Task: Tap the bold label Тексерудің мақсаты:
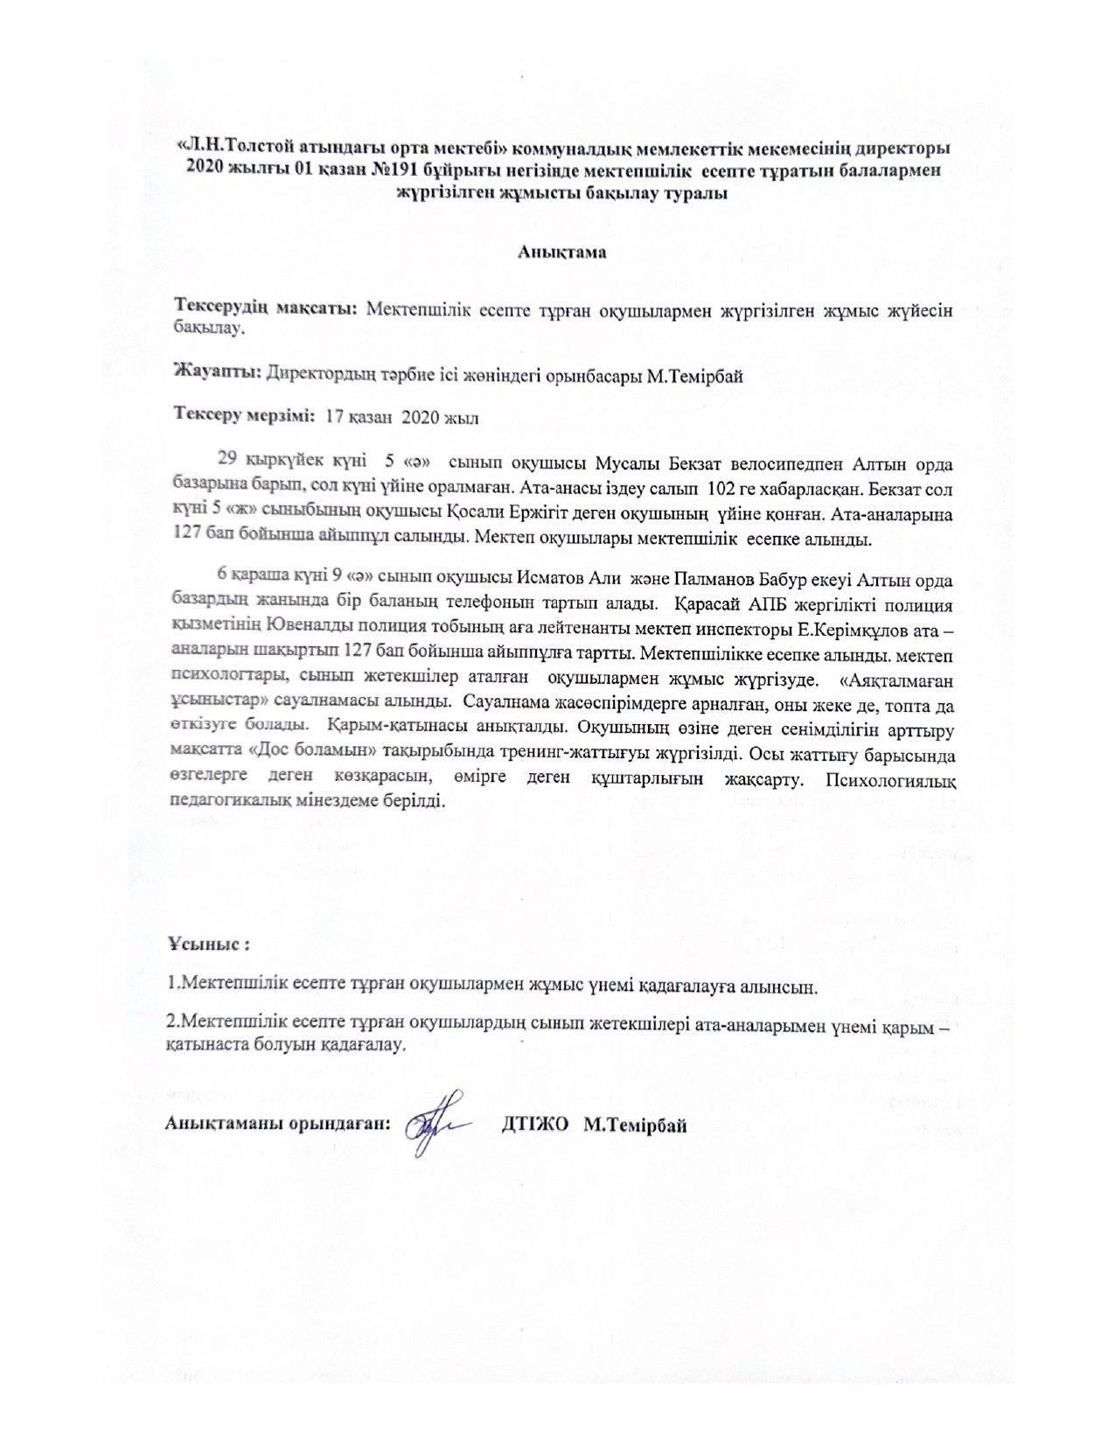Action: (266, 309)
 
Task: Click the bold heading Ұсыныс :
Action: (210, 946)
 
